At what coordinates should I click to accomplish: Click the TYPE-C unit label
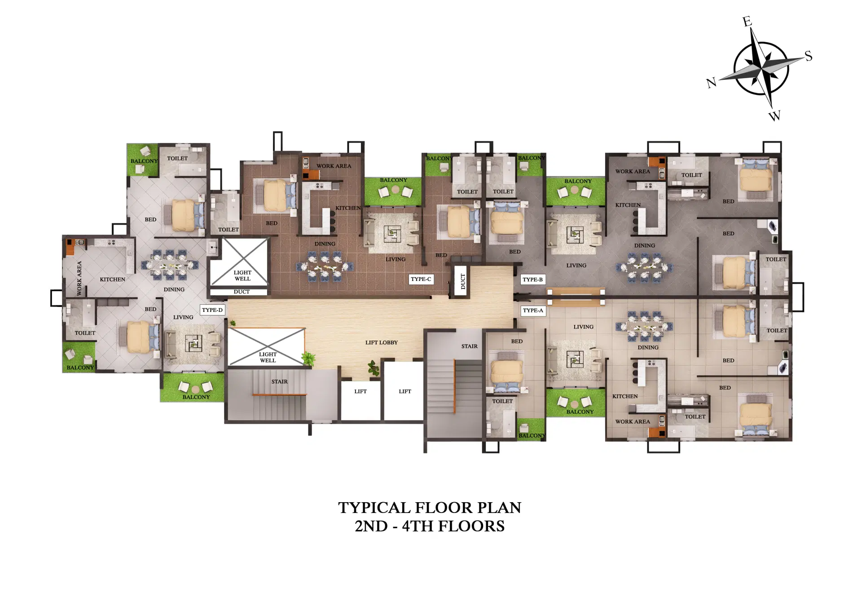click(x=421, y=279)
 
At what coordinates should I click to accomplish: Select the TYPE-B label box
click(x=532, y=280)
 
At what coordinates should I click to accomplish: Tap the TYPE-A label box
click(x=533, y=311)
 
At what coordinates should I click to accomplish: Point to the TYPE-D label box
click(x=212, y=310)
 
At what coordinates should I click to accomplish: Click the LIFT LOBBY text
click(x=381, y=343)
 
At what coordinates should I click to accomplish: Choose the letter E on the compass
click(x=747, y=22)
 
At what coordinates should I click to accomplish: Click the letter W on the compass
click(x=774, y=116)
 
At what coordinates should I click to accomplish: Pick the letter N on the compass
click(x=711, y=83)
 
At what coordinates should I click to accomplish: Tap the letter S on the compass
click(x=808, y=56)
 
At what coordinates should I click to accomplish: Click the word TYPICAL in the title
click(x=374, y=508)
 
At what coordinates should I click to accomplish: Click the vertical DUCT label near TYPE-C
click(x=463, y=282)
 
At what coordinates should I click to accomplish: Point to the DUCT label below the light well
click(x=242, y=292)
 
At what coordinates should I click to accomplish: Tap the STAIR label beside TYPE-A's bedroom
click(x=469, y=346)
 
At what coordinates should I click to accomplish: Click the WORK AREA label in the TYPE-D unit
click(x=79, y=278)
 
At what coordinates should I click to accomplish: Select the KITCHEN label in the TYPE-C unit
click(x=348, y=208)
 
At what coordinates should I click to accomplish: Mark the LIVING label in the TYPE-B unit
click(x=576, y=266)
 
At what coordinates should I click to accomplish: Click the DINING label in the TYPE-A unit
click(x=648, y=348)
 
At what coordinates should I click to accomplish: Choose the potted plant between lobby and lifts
click(x=374, y=368)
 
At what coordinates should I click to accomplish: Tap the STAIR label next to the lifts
click(x=279, y=382)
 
